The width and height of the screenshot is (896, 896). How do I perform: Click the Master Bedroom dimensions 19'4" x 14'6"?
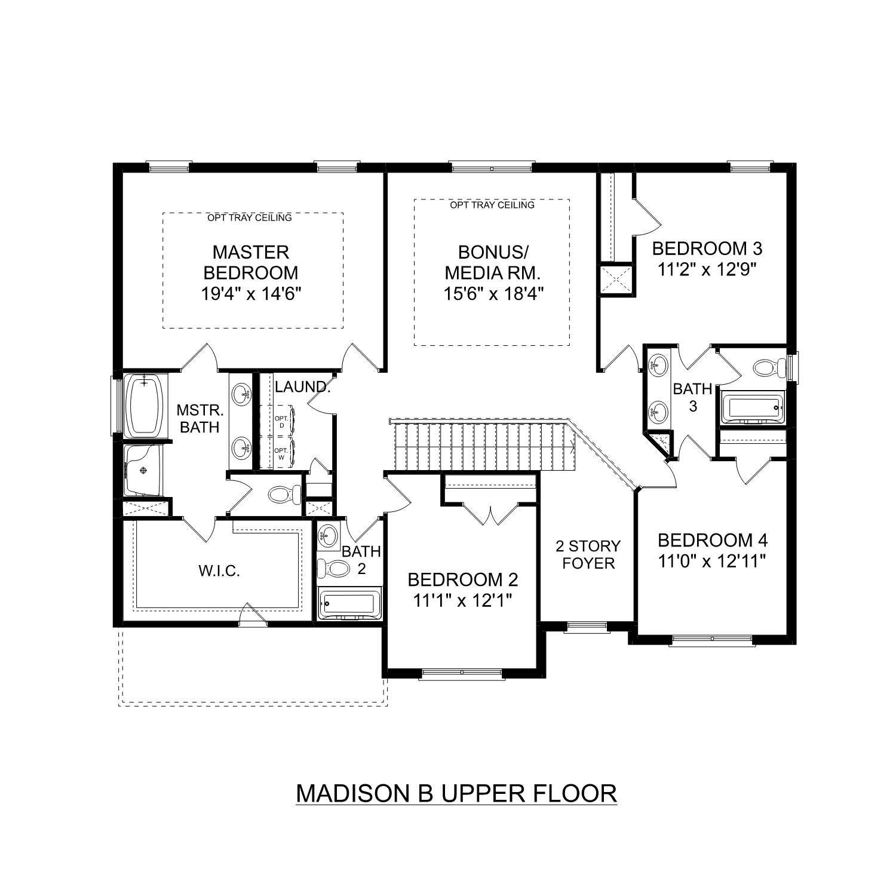(x=251, y=293)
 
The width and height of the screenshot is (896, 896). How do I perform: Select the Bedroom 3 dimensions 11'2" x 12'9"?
(x=707, y=269)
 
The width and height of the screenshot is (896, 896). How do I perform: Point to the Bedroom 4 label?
(x=713, y=541)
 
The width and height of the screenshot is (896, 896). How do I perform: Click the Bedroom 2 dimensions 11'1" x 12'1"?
(x=463, y=600)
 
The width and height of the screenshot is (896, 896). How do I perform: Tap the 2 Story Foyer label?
(x=588, y=554)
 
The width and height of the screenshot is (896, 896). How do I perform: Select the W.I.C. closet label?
(x=219, y=571)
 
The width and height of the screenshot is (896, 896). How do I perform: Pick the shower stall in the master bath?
(x=143, y=471)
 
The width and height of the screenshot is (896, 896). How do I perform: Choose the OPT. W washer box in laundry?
(x=281, y=454)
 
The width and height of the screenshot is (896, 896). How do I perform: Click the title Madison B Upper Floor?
(x=456, y=793)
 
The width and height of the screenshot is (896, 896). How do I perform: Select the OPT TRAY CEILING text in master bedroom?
(x=250, y=217)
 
